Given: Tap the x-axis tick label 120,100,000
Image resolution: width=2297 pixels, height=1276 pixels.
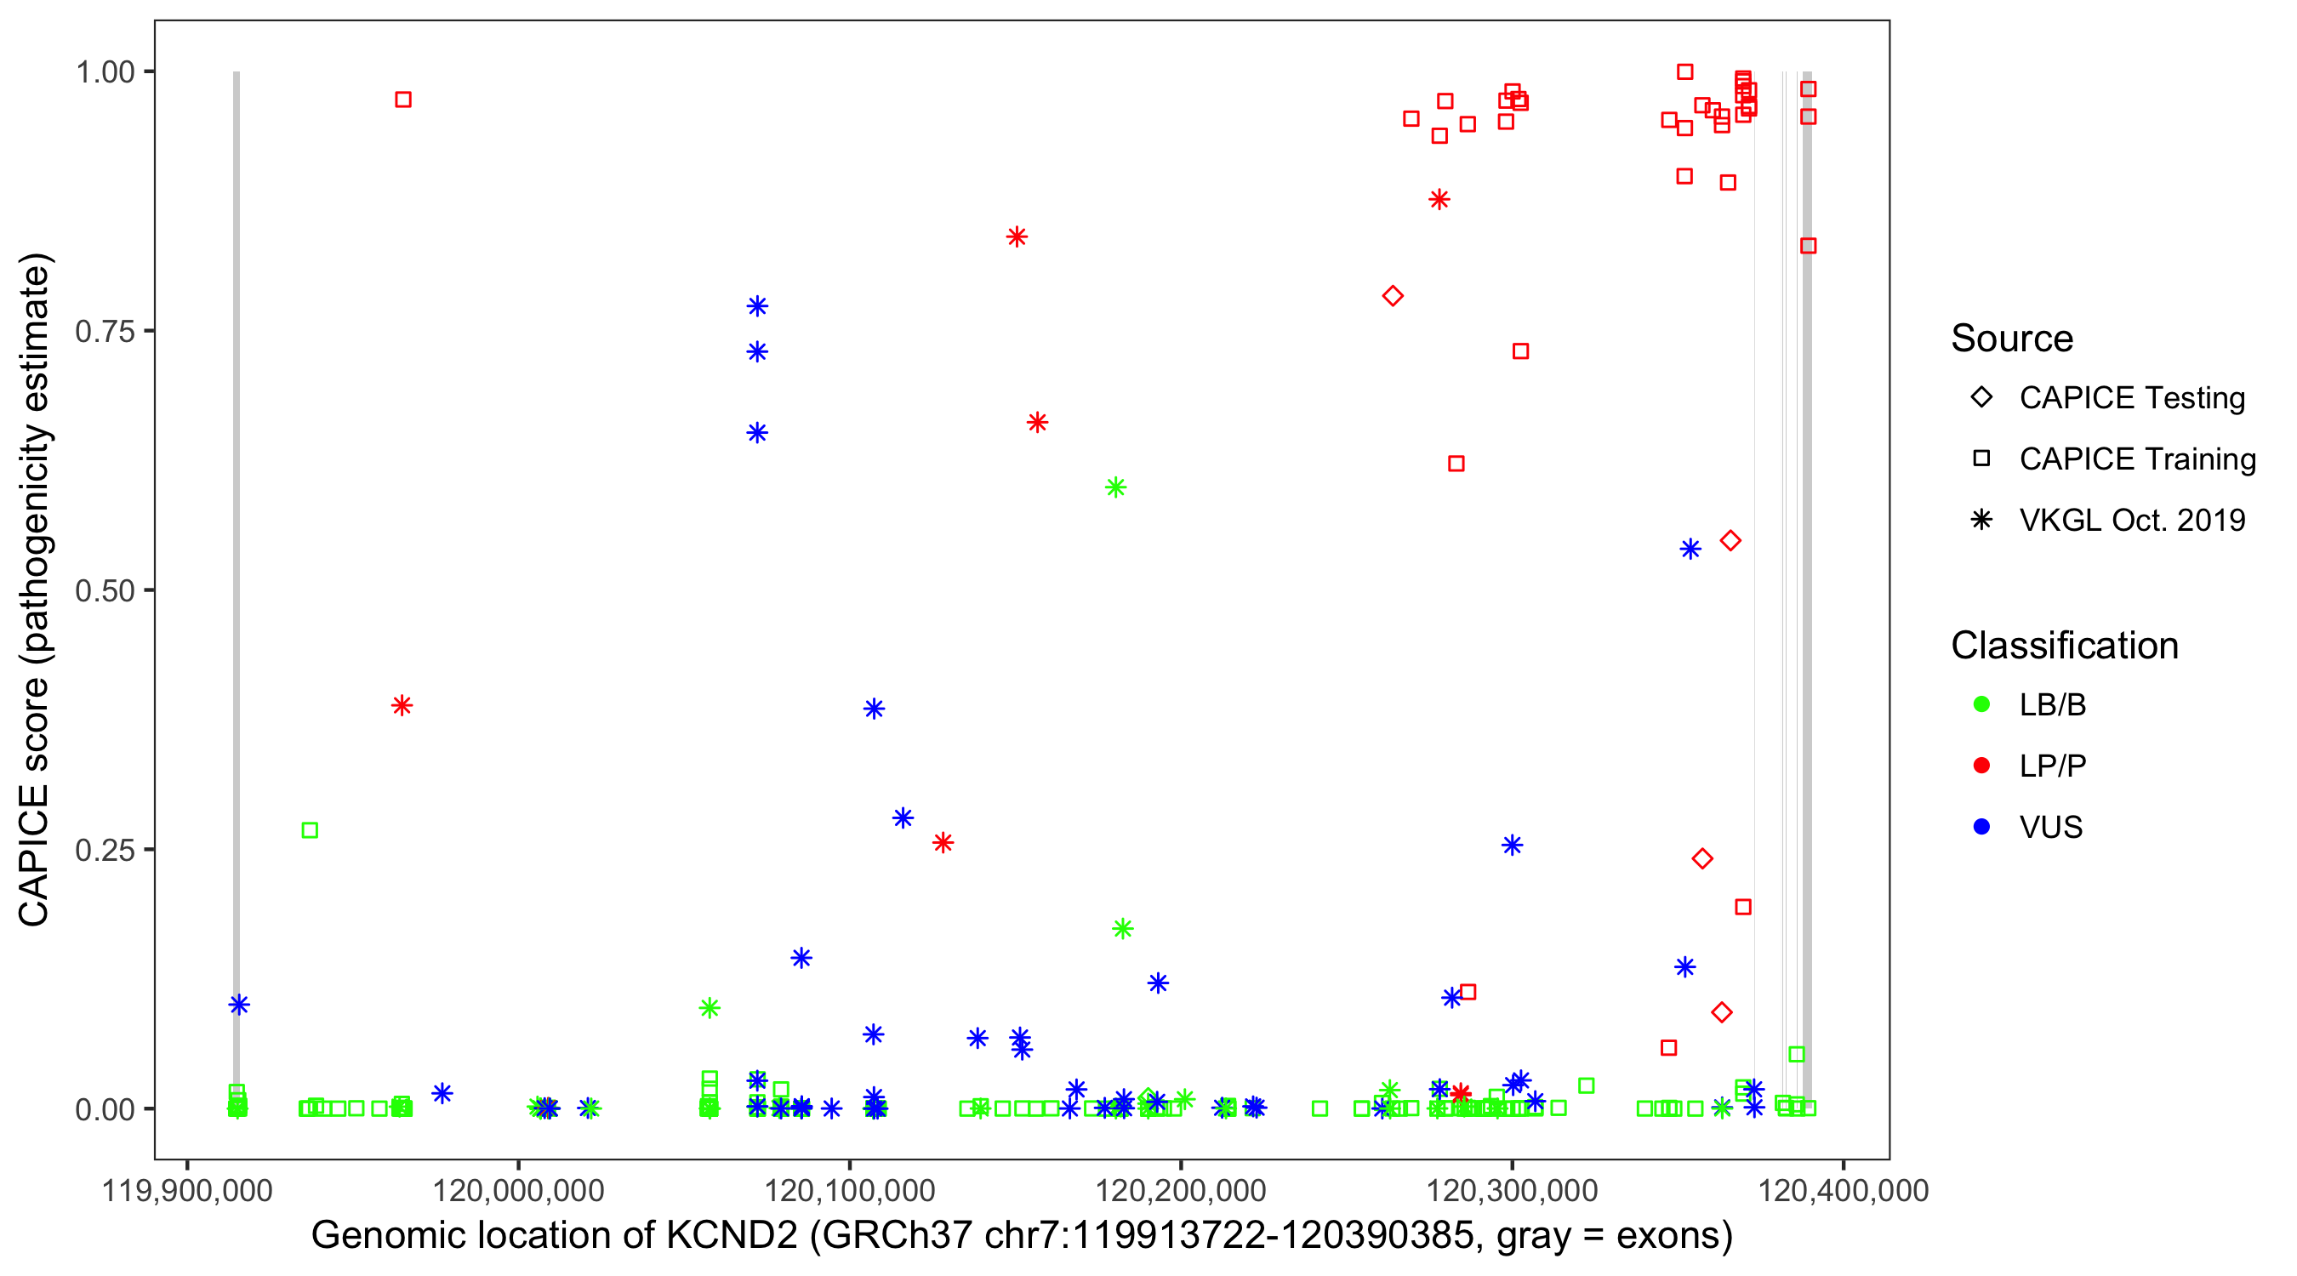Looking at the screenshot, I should [x=849, y=1190].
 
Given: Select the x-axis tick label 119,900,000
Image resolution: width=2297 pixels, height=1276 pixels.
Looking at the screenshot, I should [x=187, y=1190].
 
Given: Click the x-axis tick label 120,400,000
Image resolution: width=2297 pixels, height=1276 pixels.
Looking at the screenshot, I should [x=1842, y=1190].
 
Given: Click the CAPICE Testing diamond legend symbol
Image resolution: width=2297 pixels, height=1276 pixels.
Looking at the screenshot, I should [x=1981, y=398].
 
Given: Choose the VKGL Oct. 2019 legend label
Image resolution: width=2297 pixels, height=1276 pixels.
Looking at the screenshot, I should [x=2132, y=521].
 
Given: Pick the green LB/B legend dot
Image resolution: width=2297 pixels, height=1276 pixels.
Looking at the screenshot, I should [x=1981, y=705].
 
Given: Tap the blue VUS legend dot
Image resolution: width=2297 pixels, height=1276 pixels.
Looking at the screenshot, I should [x=1981, y=828].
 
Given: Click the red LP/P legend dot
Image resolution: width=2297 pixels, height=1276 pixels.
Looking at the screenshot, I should [x=1981, y=766].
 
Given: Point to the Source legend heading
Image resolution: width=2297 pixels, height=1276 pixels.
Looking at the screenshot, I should [x=2012, y=339].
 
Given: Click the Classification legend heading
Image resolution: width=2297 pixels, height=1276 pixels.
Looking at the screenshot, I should [x=2064, y=646].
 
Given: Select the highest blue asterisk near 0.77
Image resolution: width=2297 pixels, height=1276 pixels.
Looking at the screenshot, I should [x=757, y=307].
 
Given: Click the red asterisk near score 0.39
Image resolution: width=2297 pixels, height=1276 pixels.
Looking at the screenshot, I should [x=402, y=706].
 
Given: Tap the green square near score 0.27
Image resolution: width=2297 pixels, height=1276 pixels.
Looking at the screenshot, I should [x=310, y=831].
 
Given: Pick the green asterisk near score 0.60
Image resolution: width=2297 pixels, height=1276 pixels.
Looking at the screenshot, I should [x=1115, y=487].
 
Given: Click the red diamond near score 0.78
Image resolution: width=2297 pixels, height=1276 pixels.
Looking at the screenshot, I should [x=1393, y=296].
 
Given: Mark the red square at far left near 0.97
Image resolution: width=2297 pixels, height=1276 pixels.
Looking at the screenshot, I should [x=403, y=100].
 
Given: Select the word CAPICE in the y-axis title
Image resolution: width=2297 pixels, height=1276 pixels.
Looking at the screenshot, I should [x=34, y=856].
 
